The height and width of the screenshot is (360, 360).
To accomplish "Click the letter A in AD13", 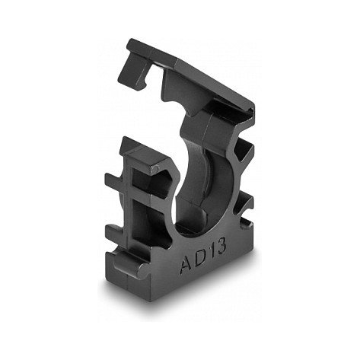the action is [186, 266].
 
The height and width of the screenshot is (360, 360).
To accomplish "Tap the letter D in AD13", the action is [200, 258].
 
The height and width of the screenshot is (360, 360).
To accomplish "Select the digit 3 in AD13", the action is [221, 246].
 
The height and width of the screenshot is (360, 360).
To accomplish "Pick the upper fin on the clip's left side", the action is [115, 180].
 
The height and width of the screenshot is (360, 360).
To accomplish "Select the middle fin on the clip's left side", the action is [116, 231].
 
